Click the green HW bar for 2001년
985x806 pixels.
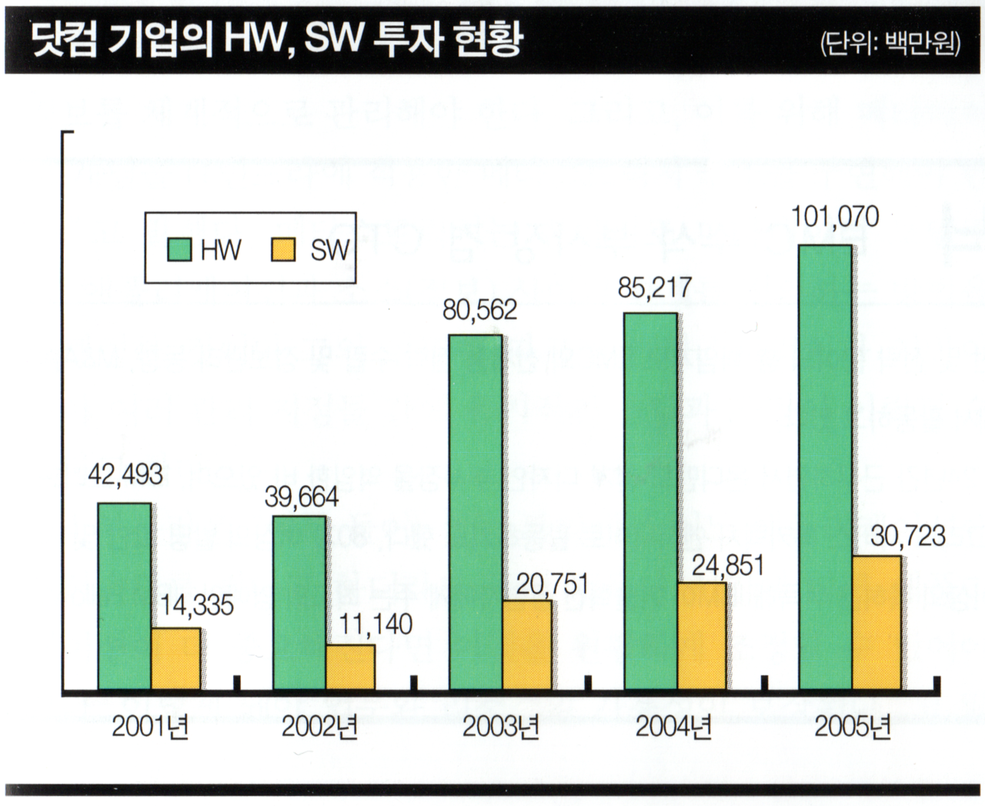tap(124, 596)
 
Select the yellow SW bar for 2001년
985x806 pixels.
tap(175, 659)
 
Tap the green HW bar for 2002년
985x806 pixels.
tap(299, 602)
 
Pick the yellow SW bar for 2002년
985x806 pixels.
tap(350, 667)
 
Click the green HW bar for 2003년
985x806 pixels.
tap(476, 512)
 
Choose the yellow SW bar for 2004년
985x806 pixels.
tap(701, 636)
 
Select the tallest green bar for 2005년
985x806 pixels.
tap(825, 467)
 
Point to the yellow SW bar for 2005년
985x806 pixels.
tap(876, 622)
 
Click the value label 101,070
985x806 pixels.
tap(835, 217)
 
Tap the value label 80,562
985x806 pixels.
tap(479, 309)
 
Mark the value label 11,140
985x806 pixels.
tap(376, 624)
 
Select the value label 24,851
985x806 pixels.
tap(728, 566)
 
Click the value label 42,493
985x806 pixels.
tap(125, 474)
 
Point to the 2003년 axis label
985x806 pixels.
tap(500, 727)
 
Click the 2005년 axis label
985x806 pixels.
tap(852, 727)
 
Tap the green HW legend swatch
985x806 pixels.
tap(179, 249)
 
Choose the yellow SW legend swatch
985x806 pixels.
tap(283, 249)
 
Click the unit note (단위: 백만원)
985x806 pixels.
tap(890, 42)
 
